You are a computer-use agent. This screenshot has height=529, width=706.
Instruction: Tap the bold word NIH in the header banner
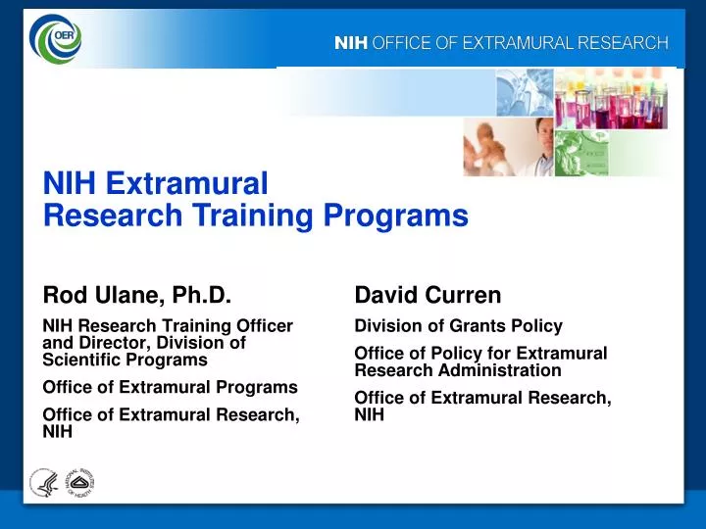(x=350, y=42)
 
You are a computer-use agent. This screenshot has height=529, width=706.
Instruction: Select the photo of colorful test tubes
(x=610, y=98)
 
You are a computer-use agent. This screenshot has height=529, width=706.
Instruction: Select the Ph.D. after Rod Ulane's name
(x=202, y=295)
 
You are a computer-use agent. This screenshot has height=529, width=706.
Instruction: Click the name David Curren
(x=428, y=295)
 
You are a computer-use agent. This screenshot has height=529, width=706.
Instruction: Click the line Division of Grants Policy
(x=458, y=326)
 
